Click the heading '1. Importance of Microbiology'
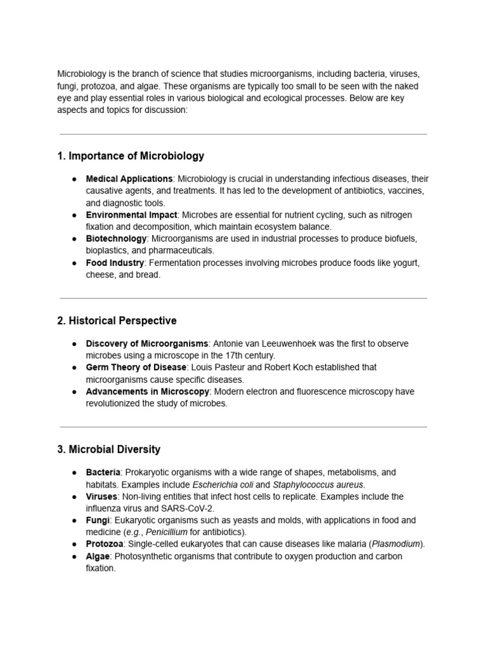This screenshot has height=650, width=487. pyautogui.click(x=131, y=156)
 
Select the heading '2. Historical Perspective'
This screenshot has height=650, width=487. pyautogui.click(x=117, y=321)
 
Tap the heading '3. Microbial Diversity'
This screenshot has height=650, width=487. pyautogui.click(x=108, y=449)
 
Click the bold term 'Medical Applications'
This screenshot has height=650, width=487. pyautogui.click(x=129, y=179)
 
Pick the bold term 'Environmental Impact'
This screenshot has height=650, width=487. pyautogui.click(x=131, y=215)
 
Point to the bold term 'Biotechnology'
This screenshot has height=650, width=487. pyautogui.click(x=116, y=239)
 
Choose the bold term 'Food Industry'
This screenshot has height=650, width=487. pyautogui.click(x=115, y=263)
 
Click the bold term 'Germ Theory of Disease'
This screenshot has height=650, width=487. pyautogui.click(x=136, y=368)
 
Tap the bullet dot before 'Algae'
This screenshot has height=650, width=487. pyautogui.click(x=74, y=557)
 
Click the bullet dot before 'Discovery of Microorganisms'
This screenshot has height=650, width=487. pyautogui.click(x=74, y=344)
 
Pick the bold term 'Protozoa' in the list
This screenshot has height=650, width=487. pyautogui.click(x=103, y=544)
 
